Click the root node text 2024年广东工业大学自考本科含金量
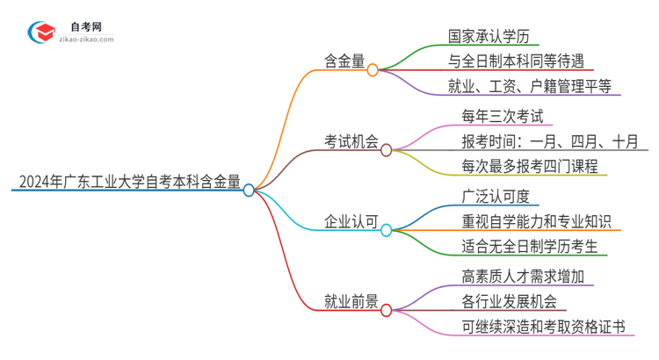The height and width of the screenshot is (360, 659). point(127,182)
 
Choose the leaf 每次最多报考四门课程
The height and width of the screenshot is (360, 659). point(529,166)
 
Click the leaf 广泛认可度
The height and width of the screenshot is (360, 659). point(496,196)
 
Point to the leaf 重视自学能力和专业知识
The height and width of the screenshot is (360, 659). point(536,221)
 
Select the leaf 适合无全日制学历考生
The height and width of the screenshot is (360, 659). point(529,246)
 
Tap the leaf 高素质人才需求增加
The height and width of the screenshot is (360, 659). point(522,277)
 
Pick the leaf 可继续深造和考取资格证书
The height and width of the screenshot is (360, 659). point(543,327)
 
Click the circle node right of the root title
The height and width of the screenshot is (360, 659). point(249,189)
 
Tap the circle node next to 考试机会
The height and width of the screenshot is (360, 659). point(387,150)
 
